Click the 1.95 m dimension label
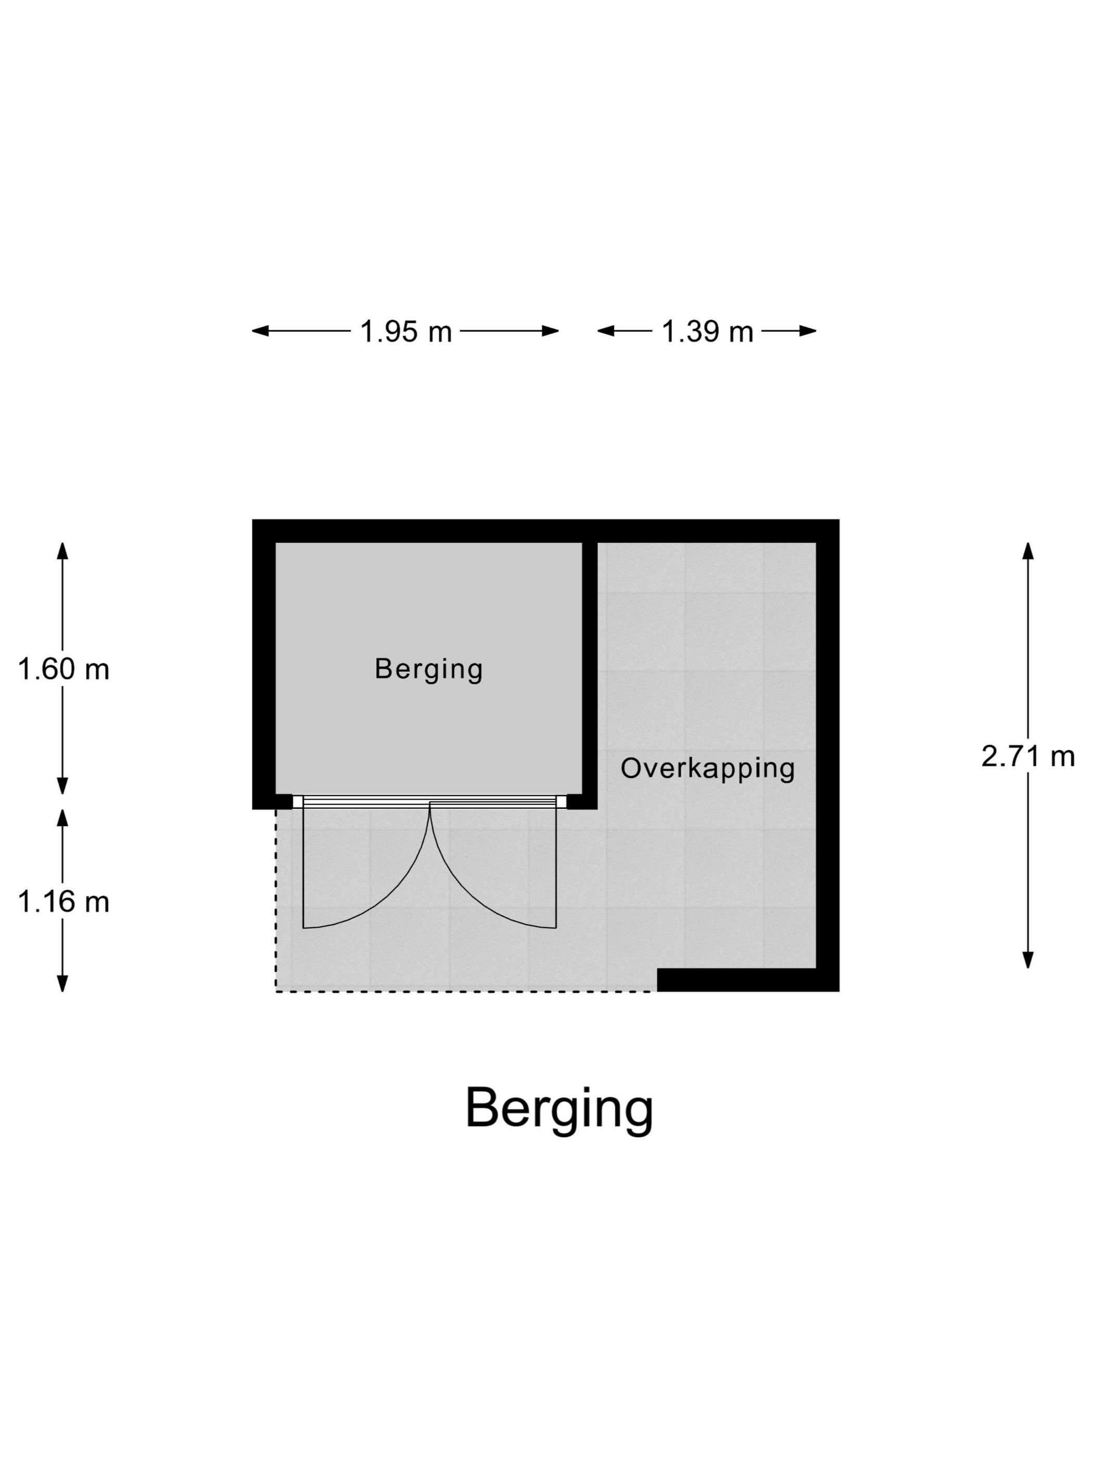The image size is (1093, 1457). (406, 331)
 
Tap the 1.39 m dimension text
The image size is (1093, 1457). (707, 331)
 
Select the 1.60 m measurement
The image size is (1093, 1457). (63, 670)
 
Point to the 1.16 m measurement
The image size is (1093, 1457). (63, 902)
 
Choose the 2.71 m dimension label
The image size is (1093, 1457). (1028, 757)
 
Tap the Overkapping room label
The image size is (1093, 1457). (707, 769)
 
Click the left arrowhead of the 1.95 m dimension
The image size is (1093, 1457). (260, 331)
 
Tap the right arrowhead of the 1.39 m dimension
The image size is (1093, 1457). (808, 331)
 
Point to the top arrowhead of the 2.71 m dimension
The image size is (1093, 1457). (1028, 551)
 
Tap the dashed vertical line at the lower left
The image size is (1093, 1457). (276, 900)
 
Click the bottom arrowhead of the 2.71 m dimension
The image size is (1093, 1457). (1028, 961)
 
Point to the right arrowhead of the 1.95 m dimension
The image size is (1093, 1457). (551, 331)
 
